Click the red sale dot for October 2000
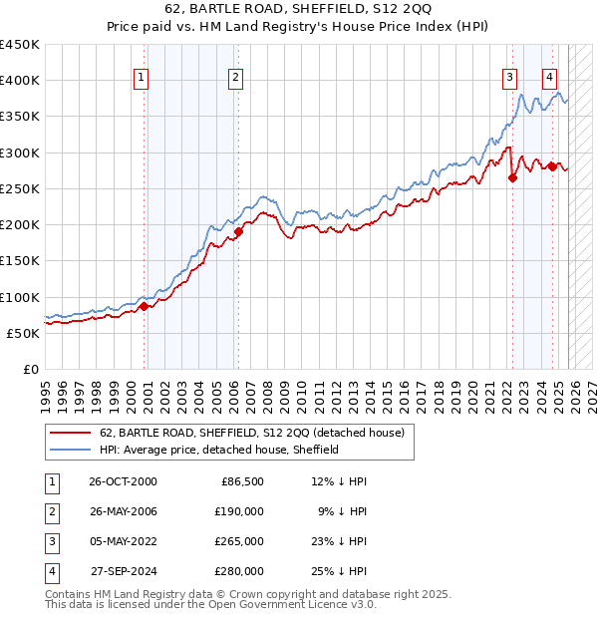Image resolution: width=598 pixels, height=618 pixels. click(x=144, y=307)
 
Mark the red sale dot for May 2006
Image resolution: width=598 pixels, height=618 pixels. click(x=238, y=232)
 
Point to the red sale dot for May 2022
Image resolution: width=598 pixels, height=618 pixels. click(x=512, y=178)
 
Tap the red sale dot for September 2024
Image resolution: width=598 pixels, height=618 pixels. click(x=552, y=167)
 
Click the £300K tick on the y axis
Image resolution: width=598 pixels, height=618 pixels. click(x=19, y=153)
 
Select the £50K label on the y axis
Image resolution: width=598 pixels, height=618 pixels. click(x=23, y=333)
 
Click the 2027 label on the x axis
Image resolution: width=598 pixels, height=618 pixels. click(x=592, y=394)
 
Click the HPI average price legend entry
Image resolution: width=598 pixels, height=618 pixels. click(x=219, y=450)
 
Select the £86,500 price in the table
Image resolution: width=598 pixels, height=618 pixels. click(x=240, y=481)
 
